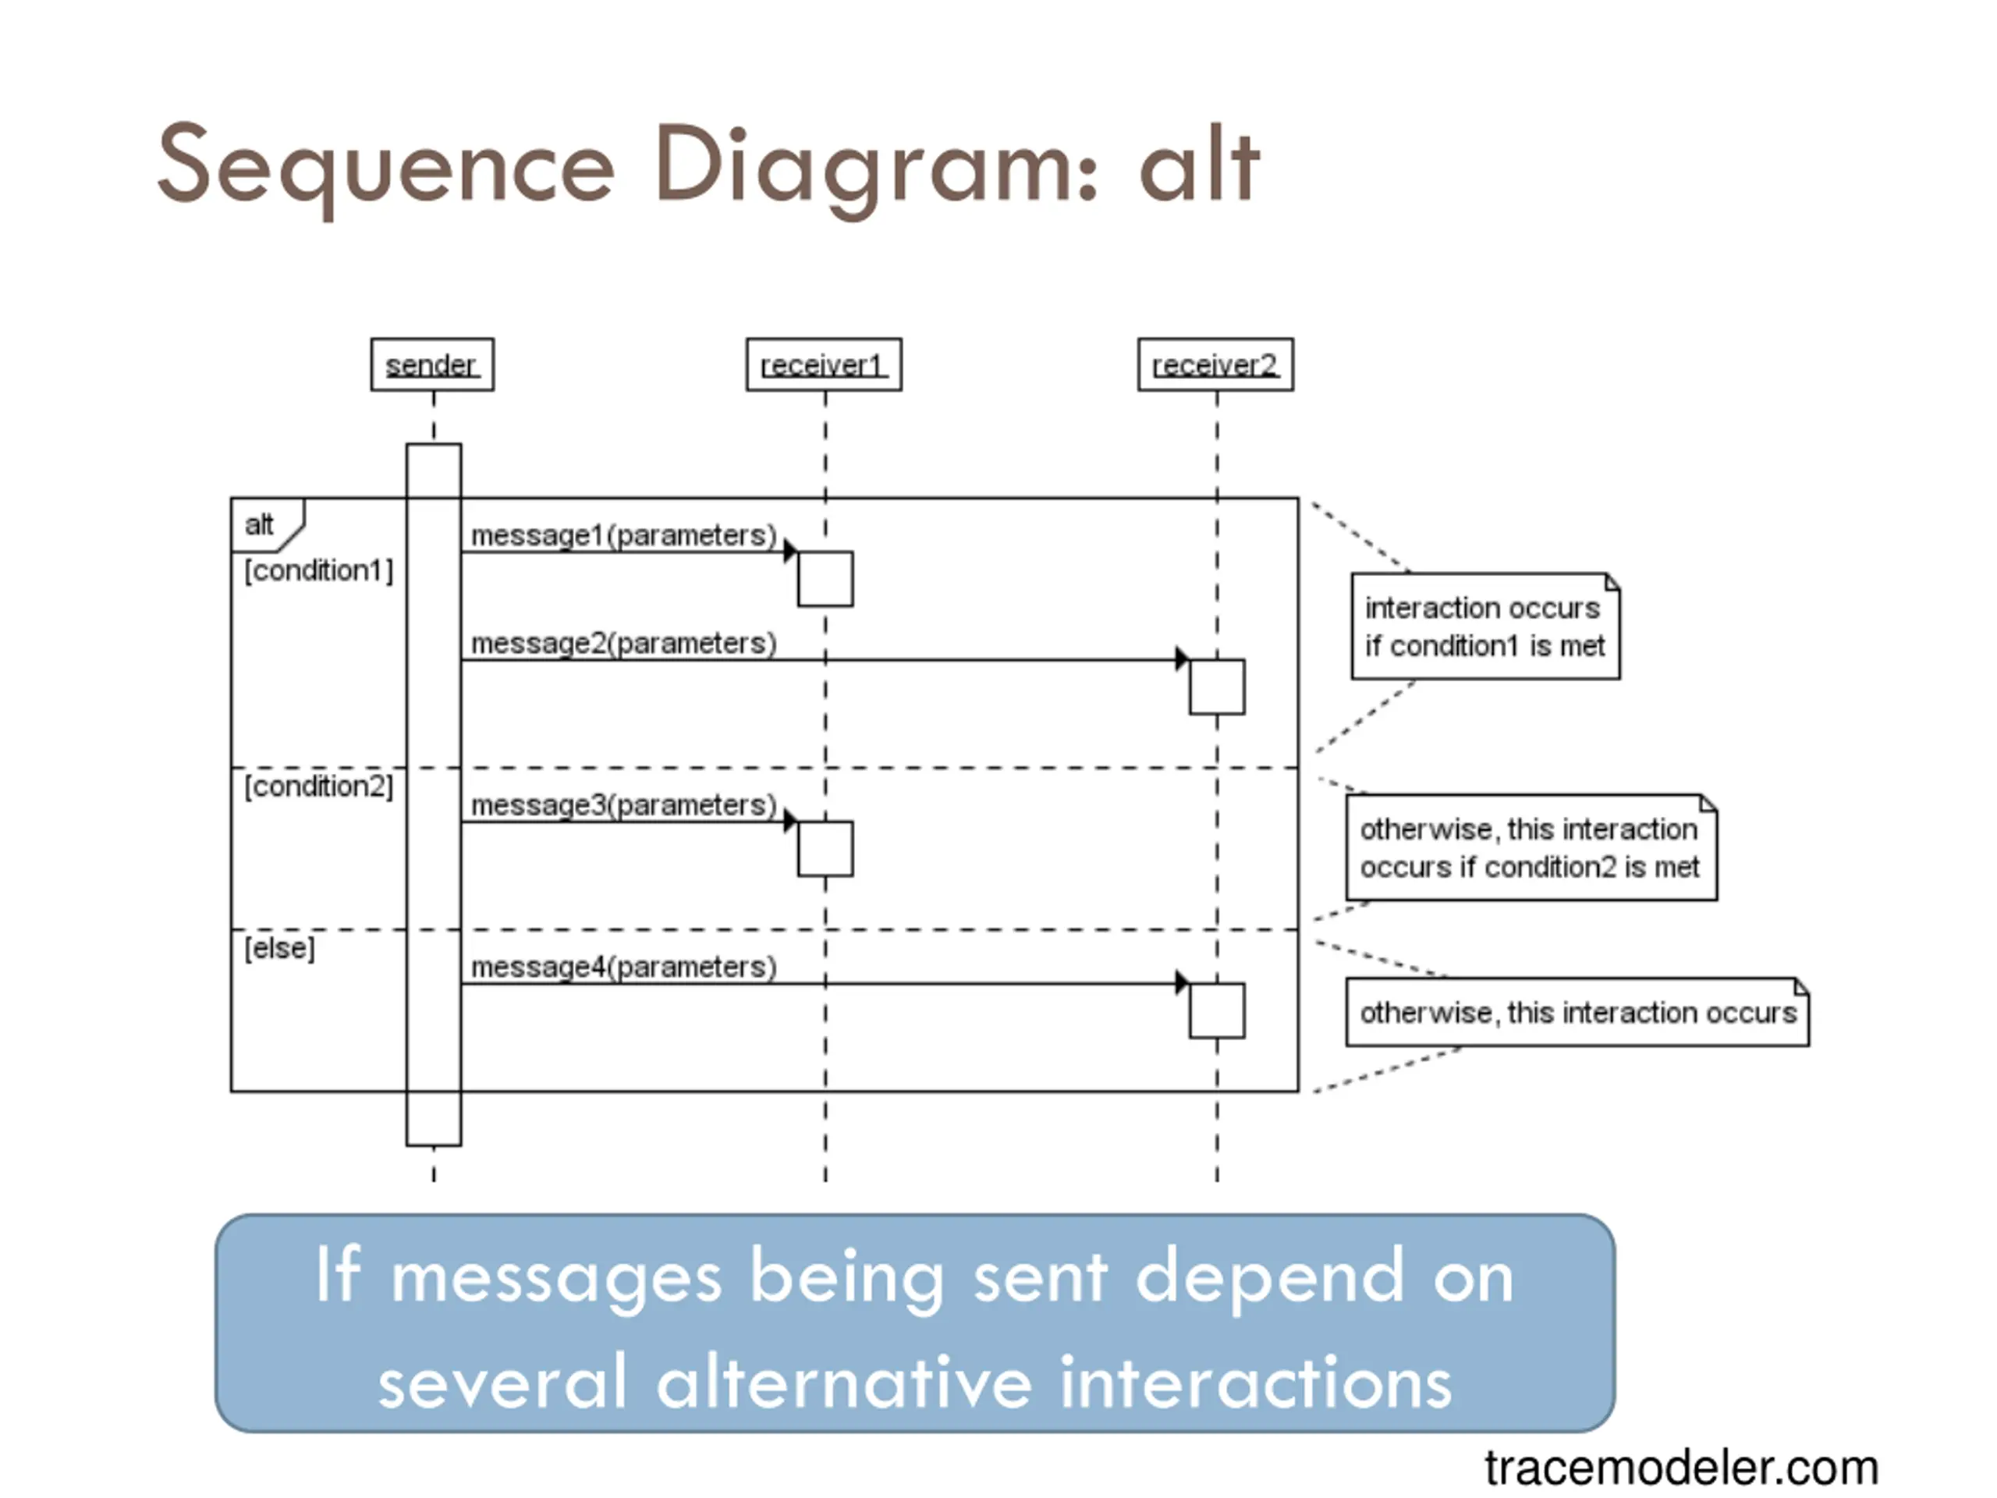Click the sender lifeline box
(432, 365)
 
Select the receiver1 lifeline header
(823, 365)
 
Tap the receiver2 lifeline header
(1215, 365)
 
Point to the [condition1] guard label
(319, 570)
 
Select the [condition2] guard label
(319, 786)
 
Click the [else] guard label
(280, 948)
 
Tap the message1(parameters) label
(624, 535)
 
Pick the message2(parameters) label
(624, 643)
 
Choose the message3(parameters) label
(624, 804)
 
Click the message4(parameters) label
(624, 966)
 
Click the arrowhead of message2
(1182, 658)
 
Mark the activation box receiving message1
(825, 579)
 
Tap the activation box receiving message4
(1217, 1010)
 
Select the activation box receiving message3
(825, 849)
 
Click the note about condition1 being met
(1485, 626)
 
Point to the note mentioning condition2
(1531, 847)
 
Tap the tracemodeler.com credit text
(1681, 1468)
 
